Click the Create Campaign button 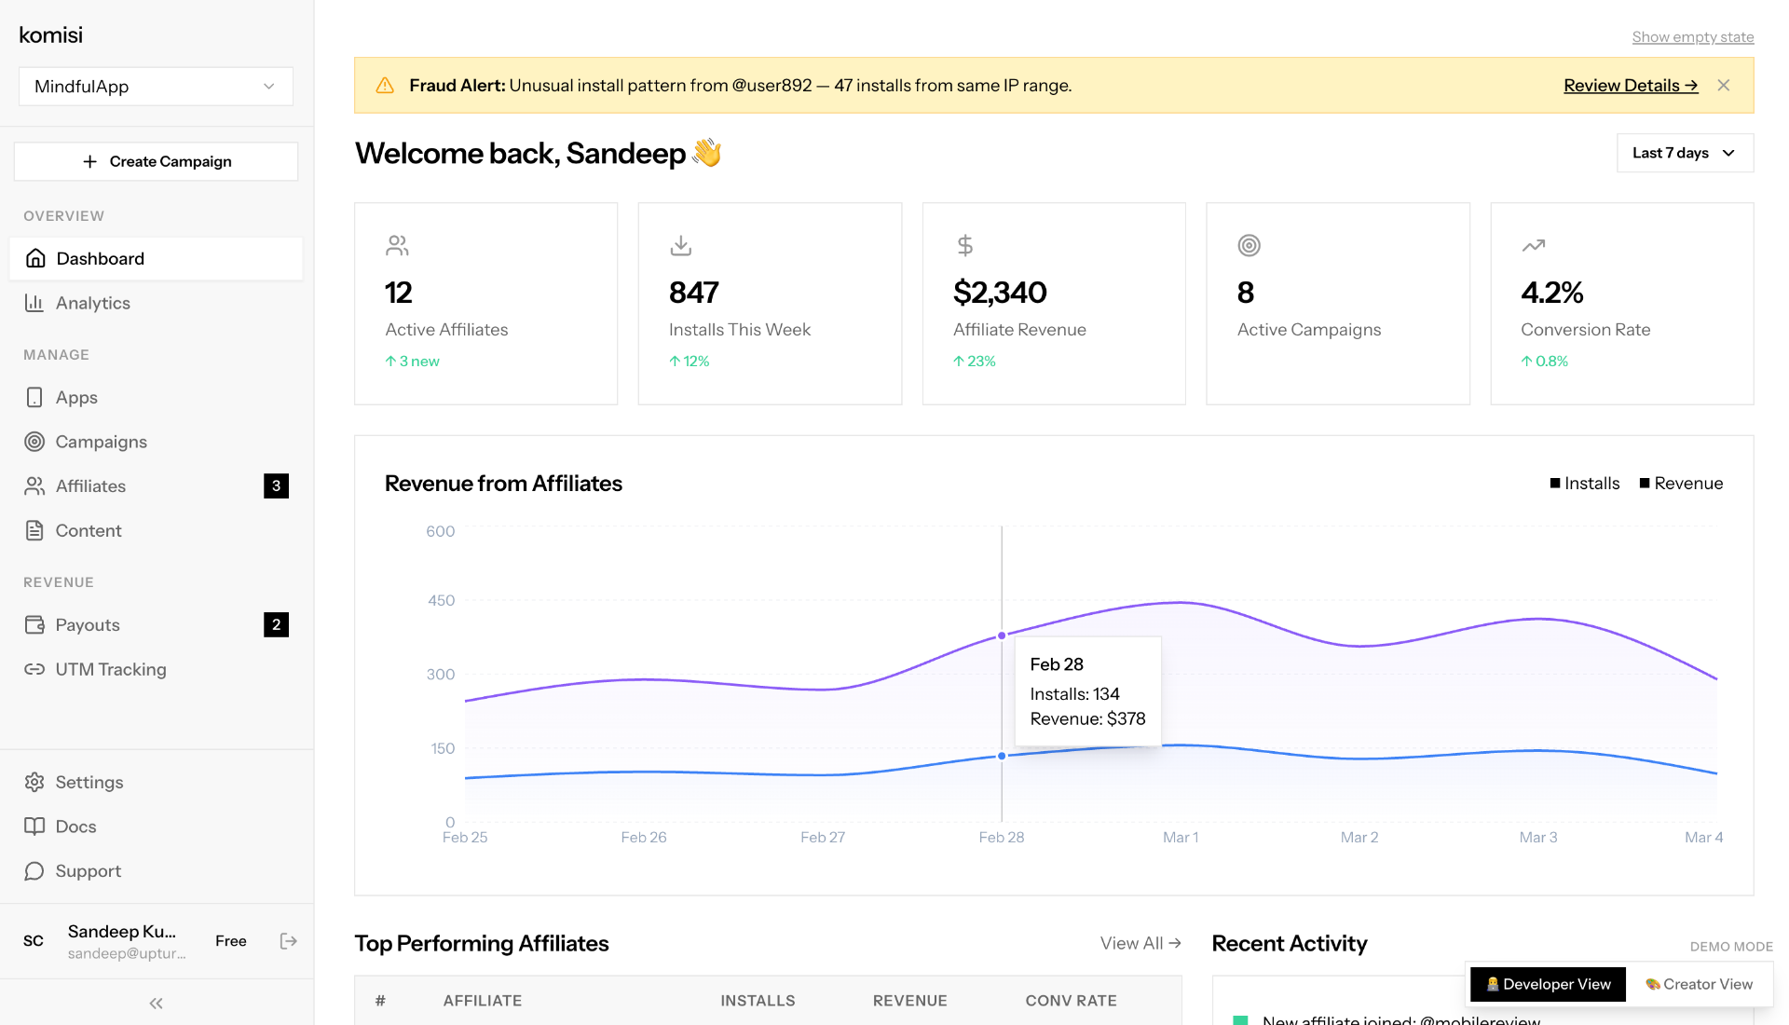click(x=156, y=161)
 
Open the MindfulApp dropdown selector click(x=156, y=87)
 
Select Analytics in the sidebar click(x=92, y=303)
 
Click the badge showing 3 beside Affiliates click(x=276, y=485)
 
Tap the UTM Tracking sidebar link click(x=110, y=669)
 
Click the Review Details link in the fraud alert click(x=1630, y=86)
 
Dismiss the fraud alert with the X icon click(x=1723, y=86)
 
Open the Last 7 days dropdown click(x=1684, y=153)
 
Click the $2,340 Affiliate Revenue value click(x=1000, y=293)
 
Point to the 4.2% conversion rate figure click(x=1551, y=293)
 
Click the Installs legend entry click(x=1584, y=484)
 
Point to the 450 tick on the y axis click(x=441, y=601)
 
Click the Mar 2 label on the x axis click(x=1359, y=838)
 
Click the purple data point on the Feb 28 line click(x=1002, y=635)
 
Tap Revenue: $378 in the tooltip click(x=1087, y=719)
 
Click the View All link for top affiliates click(x=1140, y=943)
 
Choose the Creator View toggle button click(x=1699, y=984)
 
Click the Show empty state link click(x=1692, y=37)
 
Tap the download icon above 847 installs click(x=681, y=245)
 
